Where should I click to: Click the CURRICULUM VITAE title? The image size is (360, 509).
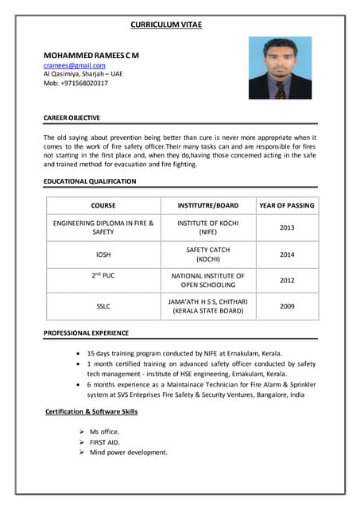coord(166,25)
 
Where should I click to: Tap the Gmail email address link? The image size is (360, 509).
coord(74,65)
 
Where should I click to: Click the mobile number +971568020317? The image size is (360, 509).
coord(75,83)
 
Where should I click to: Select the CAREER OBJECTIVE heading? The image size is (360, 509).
coord(72,118)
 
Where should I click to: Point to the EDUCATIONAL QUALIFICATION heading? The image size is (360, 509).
coord(90,181)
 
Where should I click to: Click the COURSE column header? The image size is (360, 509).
coord(103,205)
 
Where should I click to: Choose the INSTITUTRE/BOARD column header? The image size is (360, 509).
coord(207,205)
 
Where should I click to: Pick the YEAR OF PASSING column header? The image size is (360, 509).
coord(286,205)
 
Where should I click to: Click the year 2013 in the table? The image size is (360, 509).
coord(286,227)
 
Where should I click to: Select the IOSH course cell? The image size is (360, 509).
coord(103,254)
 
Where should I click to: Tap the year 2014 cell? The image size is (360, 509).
coord(286,254)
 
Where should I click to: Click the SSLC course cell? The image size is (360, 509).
coord(103,306)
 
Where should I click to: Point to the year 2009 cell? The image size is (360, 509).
coord(286,306)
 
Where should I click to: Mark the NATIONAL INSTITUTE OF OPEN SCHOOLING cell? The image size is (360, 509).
coord(207,280)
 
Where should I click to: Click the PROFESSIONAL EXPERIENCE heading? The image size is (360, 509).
coord(86,332)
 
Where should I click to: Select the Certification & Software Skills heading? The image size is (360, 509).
coord(91,411)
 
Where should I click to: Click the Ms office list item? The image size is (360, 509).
coord(104,431)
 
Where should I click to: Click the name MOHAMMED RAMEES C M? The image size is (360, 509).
coord(91,54)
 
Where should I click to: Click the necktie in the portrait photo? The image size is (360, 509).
coord(280,89)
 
